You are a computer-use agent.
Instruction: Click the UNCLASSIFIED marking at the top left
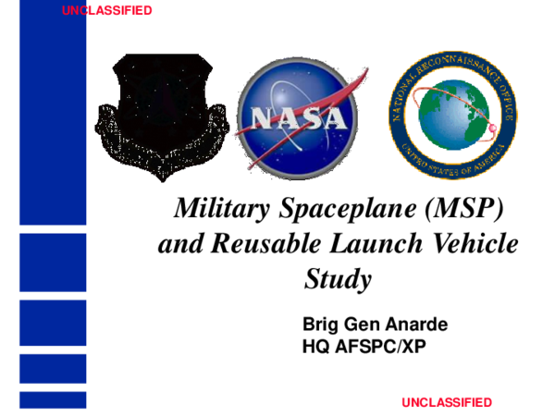[x=107, y=11]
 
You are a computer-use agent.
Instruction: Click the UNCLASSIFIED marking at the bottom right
[x=447, y=402]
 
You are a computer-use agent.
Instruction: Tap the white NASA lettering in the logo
[x=291, y=117]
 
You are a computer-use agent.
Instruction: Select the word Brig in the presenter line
[x=320, y=326]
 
